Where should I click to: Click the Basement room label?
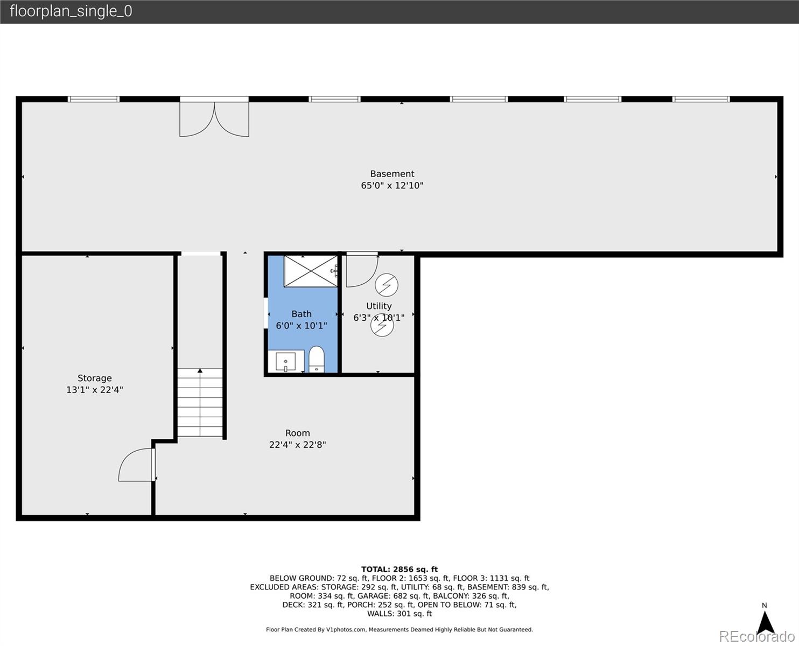392,174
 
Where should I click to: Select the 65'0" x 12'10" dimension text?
392,186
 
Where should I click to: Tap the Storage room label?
95,378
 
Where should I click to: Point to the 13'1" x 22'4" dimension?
95,390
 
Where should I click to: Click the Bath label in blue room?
302,314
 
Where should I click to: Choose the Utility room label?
379,306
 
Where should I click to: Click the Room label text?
297,433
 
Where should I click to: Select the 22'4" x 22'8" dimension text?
297,445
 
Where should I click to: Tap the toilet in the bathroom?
316,359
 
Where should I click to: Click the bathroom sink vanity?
286,361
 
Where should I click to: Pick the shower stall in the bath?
310,271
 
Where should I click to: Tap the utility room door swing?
361,270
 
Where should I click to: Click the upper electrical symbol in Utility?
386,285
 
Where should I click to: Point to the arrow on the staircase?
200,371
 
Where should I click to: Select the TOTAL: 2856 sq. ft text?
399,569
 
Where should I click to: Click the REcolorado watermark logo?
756,636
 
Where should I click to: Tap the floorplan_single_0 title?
71,11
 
